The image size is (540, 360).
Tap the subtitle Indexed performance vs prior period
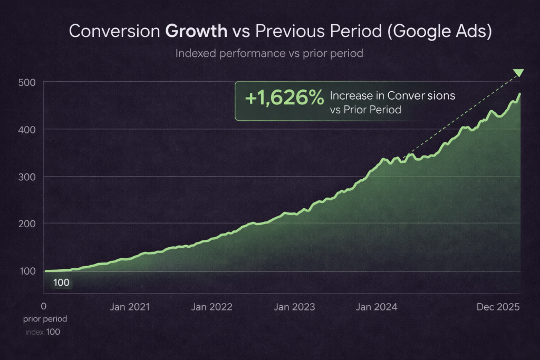click(x=269, y=53)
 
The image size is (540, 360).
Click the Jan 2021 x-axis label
click(x=129, y=307)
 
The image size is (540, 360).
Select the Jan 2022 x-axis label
click(x=211, y=307)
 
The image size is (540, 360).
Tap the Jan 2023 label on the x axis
click(x=295, y=307)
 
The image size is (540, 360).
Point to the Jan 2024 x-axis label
click(x=377, y=307)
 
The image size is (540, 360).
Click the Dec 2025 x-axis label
click(x=498, y=307)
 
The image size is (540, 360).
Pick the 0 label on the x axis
click(x=43, y=306)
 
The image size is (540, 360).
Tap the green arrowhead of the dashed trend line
click(x=518, y=73)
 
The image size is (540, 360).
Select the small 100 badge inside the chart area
click(x=61, y=283)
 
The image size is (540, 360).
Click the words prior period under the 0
click(x=45, y=319)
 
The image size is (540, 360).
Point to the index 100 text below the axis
click(x=43, y=332)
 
